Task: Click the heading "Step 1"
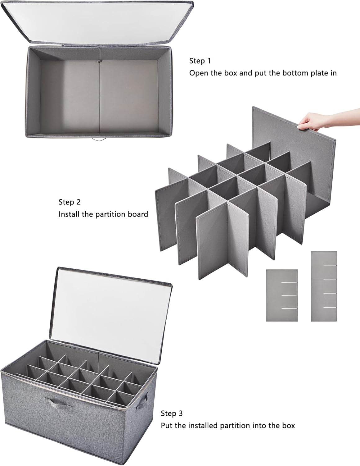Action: [200, 61]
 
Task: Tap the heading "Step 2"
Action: [70, 202]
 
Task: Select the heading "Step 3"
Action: [172, 413]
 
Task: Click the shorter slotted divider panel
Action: [282, 295]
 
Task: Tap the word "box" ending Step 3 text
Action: [288, 425]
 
